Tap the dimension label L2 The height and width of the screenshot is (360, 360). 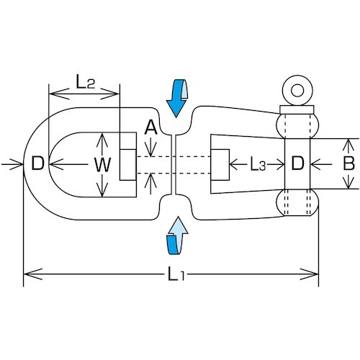84,81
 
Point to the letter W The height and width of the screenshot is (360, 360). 103,165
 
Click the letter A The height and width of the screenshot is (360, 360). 150,128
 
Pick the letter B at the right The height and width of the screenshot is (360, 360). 348,164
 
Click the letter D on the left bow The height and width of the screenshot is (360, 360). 37,165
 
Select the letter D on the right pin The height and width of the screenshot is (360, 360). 296,165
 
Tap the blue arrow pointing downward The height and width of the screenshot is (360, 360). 176,99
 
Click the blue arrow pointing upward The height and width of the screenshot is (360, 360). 176,236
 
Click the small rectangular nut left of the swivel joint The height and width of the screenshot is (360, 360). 127,165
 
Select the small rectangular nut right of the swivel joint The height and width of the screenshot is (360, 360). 219,165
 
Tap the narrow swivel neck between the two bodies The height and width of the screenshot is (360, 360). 174,165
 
